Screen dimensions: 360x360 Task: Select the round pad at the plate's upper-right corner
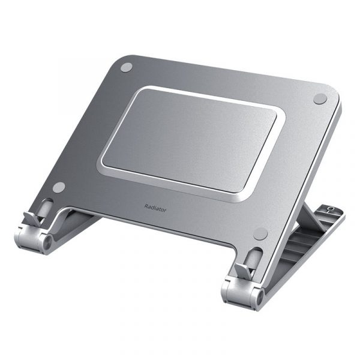[x=319, y=99]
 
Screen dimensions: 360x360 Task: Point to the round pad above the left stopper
[x=58, y=188]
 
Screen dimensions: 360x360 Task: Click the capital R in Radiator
[x=146, y=206]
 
